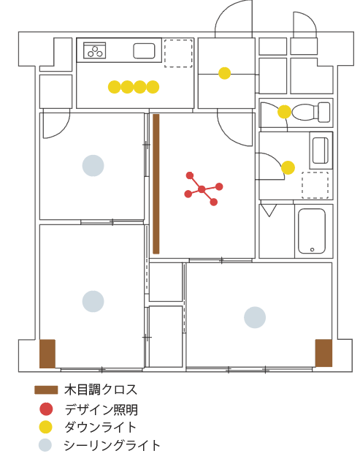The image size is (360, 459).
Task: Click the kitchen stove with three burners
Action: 94,50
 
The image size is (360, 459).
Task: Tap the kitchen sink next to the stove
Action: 144,51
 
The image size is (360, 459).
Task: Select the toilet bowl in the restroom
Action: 311,112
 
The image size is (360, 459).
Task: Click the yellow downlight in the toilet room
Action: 284,112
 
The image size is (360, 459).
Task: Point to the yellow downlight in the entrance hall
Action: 225,73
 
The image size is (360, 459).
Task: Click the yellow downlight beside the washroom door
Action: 288,167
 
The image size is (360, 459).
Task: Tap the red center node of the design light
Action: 202,189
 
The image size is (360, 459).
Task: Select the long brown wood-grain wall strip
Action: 156,184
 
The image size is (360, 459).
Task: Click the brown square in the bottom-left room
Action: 47,354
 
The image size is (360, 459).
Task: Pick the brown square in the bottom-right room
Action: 323,353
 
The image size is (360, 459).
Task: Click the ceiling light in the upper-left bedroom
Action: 93,166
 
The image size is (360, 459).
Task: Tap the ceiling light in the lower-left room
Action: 93,301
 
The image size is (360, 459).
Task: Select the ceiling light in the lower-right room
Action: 255,317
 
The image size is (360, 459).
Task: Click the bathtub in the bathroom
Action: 312,231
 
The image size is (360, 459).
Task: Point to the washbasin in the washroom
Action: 321,151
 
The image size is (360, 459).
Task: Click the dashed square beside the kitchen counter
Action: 178,53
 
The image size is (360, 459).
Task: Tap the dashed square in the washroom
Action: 315,186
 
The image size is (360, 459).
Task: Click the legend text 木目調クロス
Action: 101,390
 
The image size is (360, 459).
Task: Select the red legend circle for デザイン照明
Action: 46,409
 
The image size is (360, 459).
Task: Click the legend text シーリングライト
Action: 112,446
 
